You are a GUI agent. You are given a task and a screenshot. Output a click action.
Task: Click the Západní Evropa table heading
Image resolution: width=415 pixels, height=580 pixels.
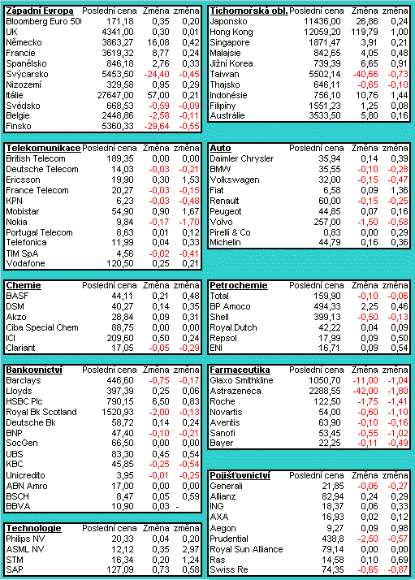click(40, 11)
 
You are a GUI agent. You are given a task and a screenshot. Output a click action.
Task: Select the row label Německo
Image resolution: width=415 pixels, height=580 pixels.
click(24, 42)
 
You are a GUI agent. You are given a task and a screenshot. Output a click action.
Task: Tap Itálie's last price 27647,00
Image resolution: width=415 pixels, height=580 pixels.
click(115, 95)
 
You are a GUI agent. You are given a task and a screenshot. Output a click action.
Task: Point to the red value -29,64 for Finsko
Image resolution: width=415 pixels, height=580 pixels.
click(157, 127)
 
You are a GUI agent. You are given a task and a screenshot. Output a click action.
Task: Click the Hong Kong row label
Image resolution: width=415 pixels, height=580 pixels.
click(231, 32)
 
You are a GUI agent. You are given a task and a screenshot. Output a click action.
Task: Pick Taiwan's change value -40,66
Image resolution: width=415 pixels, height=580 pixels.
click(365, 75)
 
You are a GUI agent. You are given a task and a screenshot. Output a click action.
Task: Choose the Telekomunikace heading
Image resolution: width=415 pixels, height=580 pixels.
click(43, 149)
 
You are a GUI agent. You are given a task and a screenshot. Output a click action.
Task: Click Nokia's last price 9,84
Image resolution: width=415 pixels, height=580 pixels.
click(124, 222)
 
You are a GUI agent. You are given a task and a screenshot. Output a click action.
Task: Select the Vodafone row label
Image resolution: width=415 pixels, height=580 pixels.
click(25, 263)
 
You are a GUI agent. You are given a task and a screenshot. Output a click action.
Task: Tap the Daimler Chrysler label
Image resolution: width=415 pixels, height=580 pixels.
click(241, 158)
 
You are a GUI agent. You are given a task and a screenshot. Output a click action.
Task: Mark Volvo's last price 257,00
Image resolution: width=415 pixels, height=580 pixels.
click(327, 222)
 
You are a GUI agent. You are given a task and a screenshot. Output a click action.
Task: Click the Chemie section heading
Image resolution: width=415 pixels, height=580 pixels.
click(24, 286)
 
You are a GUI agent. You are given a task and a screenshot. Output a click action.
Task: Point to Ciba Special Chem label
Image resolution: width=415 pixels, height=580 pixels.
click(42, 327)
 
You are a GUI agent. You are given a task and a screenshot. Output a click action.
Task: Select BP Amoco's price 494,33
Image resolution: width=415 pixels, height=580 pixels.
click(327, 306)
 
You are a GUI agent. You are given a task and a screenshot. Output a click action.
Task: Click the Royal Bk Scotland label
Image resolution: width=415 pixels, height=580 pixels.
click(41, 412)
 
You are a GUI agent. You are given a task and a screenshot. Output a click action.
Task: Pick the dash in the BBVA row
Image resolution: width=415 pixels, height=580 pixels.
click(178, 506)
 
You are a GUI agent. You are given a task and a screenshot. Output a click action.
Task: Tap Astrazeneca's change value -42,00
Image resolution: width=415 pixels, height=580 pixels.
click(365, 391)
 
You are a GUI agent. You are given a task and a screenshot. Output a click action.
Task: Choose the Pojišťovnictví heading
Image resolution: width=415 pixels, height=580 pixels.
click(240, 476)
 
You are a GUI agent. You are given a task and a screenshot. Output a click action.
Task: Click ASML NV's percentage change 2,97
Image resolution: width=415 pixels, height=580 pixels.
click(191, 549)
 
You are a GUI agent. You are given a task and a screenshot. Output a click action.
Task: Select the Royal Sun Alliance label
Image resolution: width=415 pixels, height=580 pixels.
click(246, 549)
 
